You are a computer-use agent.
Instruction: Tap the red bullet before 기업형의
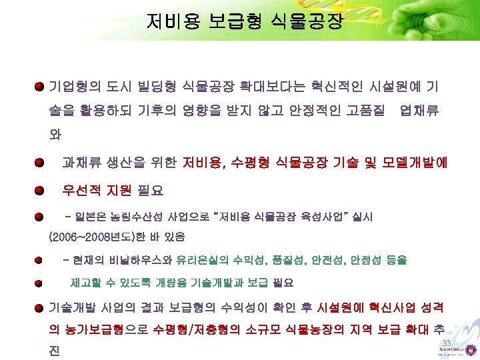pos(41,87)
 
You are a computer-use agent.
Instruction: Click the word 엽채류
pos(419,111)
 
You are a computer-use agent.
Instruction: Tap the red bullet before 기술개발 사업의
pos(41,307)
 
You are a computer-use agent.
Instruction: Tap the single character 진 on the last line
pos(55,351)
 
